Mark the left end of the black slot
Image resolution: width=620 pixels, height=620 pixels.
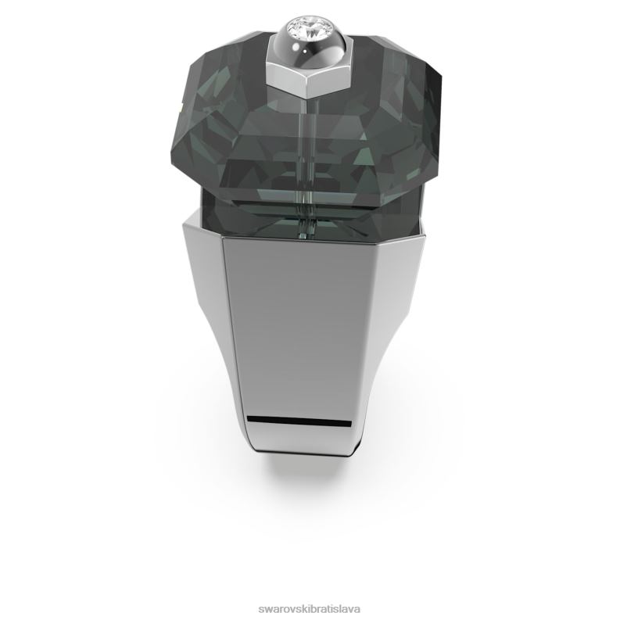(x=248, y=419)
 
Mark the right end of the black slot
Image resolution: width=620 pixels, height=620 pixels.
(x=351, y=424)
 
